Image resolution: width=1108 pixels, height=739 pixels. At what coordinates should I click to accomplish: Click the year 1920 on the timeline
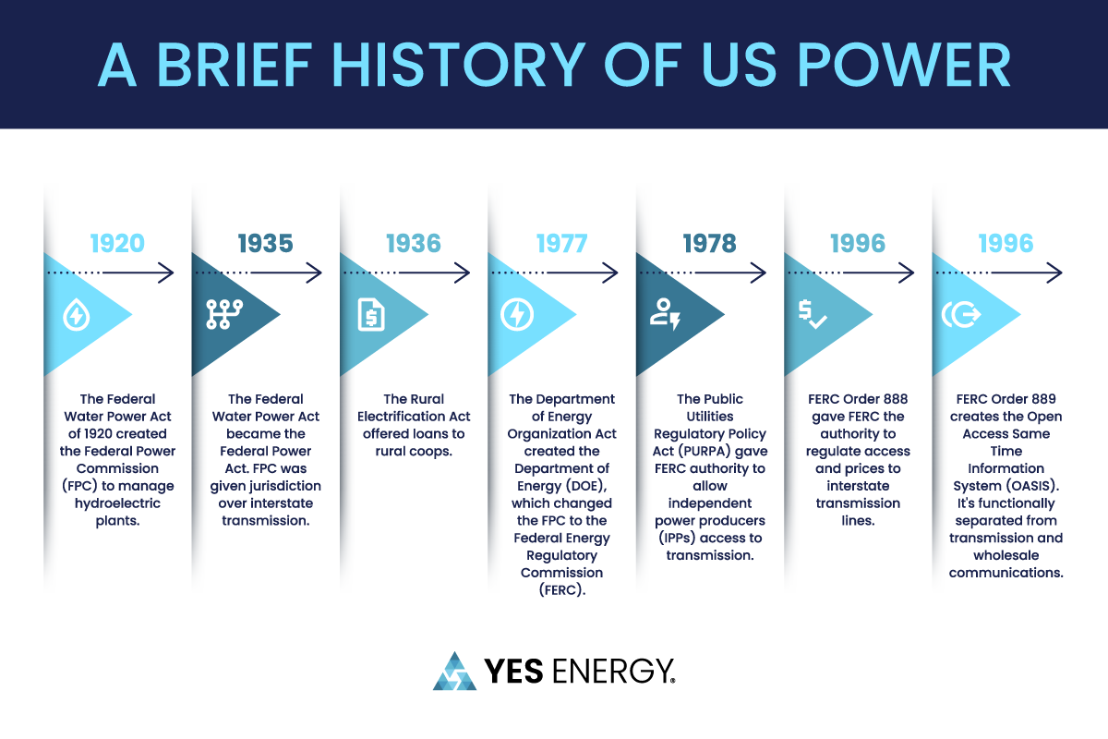click(117, 244)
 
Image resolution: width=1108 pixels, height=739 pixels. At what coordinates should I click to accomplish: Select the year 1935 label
click(265, 244)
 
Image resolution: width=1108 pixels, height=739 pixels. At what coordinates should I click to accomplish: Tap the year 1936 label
click(413, 244)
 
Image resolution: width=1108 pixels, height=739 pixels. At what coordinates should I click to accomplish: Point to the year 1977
click(561, 244)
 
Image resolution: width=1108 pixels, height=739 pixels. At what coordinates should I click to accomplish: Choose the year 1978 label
click(709, 244)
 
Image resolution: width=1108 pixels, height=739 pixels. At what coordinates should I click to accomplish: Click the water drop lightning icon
click(75, 316)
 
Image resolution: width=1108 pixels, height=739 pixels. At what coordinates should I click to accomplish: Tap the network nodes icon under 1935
click(223, 316)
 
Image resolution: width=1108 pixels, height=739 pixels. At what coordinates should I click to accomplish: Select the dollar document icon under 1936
click(371, 316)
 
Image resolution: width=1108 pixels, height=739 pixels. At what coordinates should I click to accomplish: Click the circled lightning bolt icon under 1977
click(517, 316)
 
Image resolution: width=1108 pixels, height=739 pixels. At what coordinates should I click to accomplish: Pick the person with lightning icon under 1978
click(665, 316)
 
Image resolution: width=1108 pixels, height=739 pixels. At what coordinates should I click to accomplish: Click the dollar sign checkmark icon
click(813, 316)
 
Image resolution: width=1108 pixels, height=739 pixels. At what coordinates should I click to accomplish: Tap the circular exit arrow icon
click(960, 316)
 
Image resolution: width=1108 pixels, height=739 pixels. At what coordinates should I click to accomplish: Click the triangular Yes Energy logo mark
click(454, 672)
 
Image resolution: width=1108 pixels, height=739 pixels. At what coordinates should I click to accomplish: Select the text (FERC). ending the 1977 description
click(561, 590)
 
